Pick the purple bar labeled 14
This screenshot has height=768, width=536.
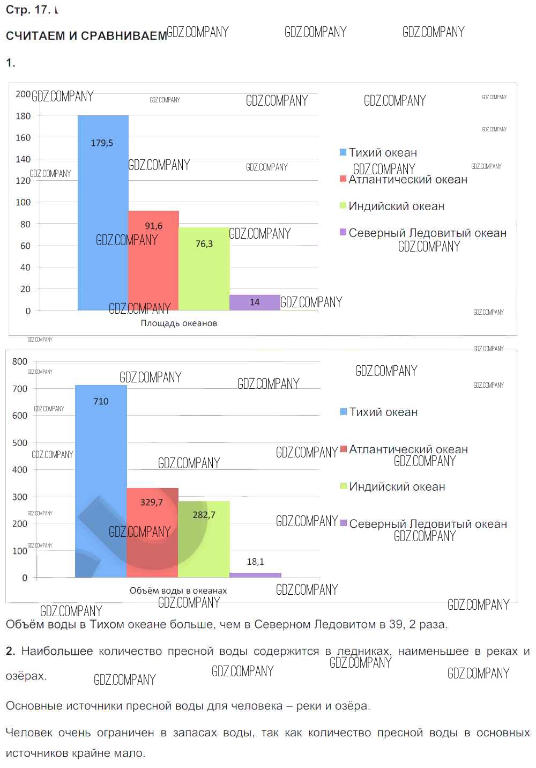pos(255,302)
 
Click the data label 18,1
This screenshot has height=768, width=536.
pos(255,562)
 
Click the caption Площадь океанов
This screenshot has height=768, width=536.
pos(179,323)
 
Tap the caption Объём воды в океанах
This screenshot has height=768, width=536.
pos(178,590)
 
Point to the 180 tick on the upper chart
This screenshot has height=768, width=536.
pos(23,116)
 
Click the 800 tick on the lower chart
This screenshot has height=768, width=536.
pos(20,361)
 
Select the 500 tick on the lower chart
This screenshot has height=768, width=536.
pos(20,443)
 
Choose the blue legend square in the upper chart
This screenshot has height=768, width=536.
pos(343,152)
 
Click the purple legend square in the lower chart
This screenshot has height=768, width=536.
pos(344,523)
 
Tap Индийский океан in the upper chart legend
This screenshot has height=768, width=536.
pos(396,206)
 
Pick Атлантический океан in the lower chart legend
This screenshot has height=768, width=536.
pos(408,449)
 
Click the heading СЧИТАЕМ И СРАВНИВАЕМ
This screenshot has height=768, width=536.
pos(86,36)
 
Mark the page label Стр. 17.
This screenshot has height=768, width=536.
pos(28,10)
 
